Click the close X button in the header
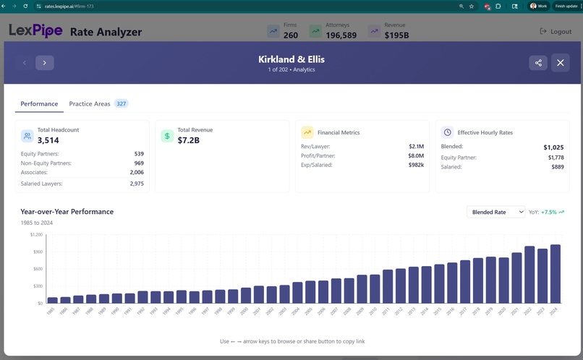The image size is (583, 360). (x=561, y=63)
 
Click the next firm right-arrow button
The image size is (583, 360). (x=44, y=63)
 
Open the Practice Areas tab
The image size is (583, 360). (x=90, y=104)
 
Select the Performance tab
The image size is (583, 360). (x=39, y=104)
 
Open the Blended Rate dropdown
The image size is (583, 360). (x=495, y=212)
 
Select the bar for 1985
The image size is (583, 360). (x=52, y=299)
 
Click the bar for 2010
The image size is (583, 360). (x=375, y=288)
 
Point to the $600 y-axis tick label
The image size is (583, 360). (x=37, y=269)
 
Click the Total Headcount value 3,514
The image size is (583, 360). (x=48, y=140)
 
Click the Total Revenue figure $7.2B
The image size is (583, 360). (x=188, y=140)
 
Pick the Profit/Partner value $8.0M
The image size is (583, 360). (x=415, y=155)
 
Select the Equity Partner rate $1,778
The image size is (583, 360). (x=555, y=157)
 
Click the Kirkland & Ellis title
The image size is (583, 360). (x=291, y=59)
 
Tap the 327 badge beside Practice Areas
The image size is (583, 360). (x=122, y=104)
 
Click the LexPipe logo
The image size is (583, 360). (x=35, y=31)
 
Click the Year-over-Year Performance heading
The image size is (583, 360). (x=67, y=212)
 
